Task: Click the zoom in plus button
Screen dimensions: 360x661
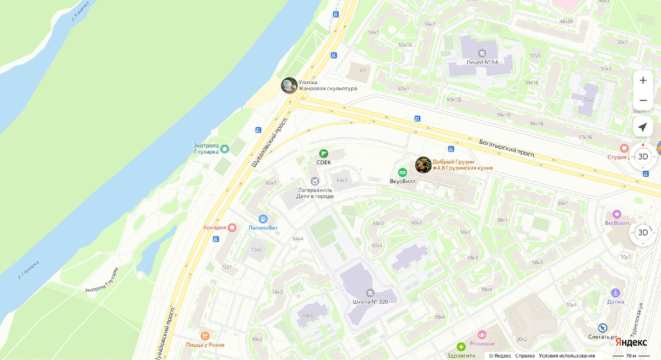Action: point(643,80)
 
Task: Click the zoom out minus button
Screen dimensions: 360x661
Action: point(643,101)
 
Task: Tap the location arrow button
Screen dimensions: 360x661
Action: point(643,127)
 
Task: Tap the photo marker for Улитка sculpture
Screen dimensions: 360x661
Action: point(289,85)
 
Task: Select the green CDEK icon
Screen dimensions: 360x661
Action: point(323,154)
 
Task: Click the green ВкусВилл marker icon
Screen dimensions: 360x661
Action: point(403,172)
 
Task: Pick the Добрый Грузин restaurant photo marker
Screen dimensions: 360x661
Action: point(423,165)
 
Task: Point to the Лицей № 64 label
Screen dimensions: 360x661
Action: point(481,62)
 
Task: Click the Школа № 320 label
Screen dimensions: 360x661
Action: point(370,302)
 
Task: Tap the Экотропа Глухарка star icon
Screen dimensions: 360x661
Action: point(225,149)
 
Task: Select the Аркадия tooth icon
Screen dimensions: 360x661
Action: point(232,227)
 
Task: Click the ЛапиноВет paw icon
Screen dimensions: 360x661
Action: point(263,219)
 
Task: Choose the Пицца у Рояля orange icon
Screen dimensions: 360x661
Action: point(205,336)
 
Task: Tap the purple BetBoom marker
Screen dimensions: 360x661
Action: point(617,214)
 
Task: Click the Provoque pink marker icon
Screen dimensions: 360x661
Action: point(483,334)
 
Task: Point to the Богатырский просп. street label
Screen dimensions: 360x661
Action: point(506,148)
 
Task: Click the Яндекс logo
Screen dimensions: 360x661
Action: point(631,342)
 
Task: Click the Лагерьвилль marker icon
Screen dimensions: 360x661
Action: point(315,181)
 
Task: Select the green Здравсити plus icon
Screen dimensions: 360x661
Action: point(460,347)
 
